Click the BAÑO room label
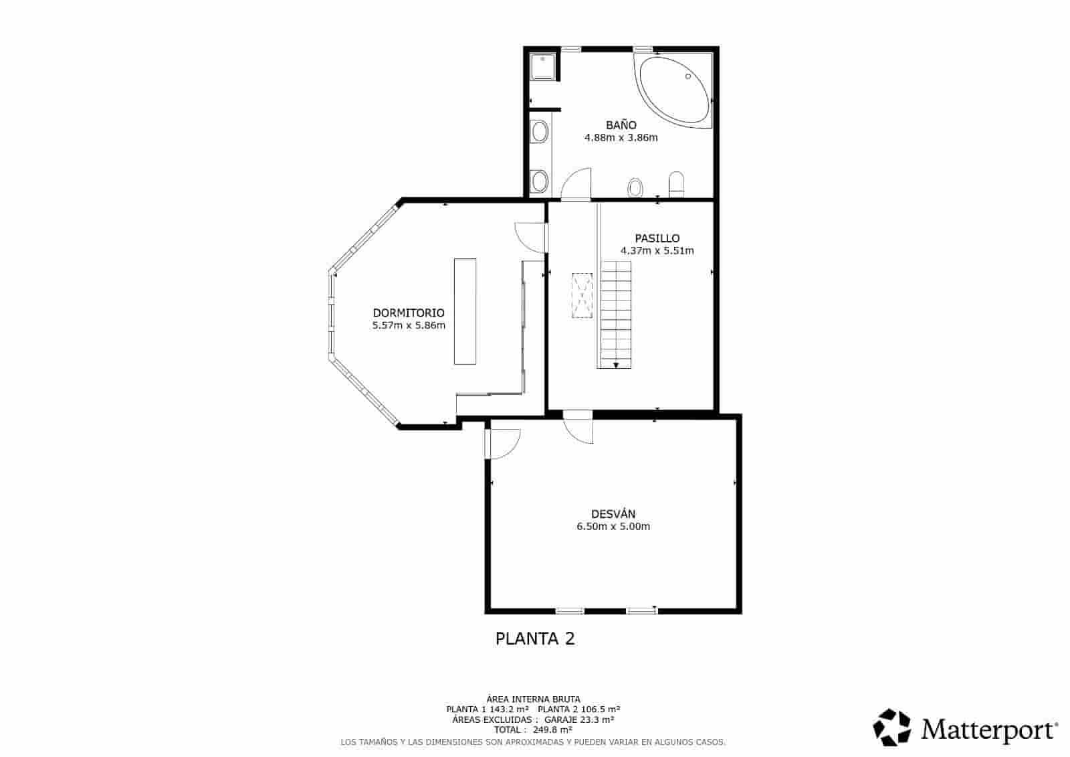[621, 125]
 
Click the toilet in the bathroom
[677, 185]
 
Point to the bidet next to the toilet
[635, 188]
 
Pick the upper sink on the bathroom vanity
[539, 132]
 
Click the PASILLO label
[657, 238]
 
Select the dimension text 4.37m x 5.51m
[657, 251]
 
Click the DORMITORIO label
[408, 313]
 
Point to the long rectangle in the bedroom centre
[465, 311]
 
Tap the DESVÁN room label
[613, 514]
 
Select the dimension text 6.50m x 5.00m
[613, 527]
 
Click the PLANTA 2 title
[534, 639]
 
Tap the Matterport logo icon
[892, 728]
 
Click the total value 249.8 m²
[552, 730]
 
